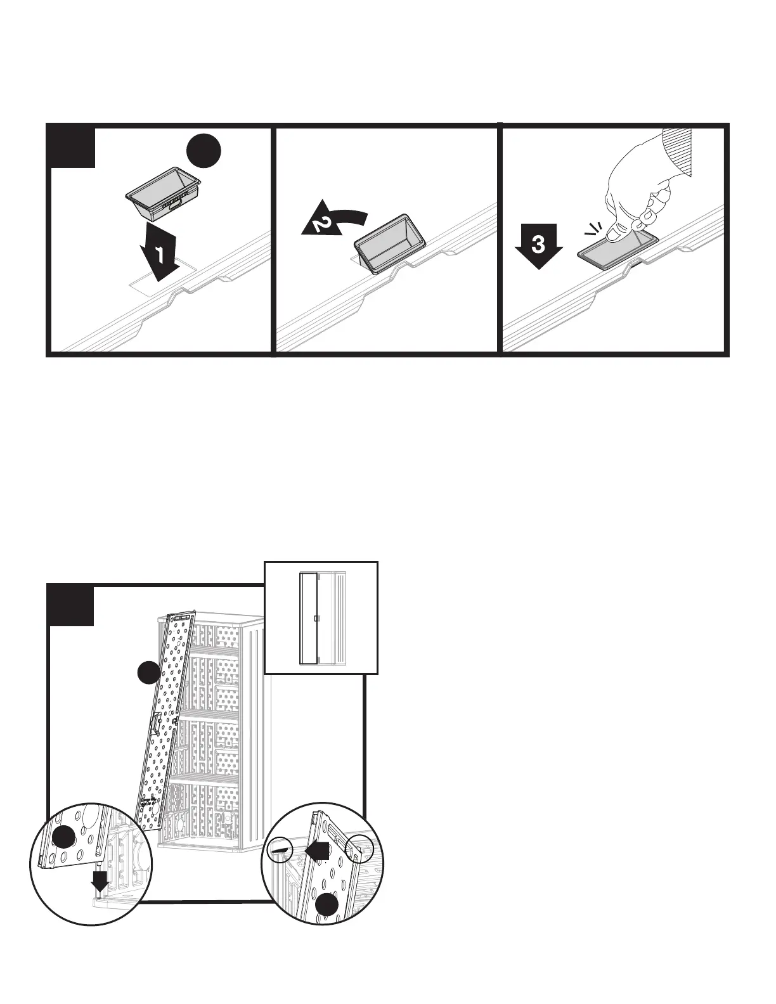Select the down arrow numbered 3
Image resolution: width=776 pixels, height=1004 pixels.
tap(538, 245)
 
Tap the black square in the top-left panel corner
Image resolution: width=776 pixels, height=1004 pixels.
tap(72, 147)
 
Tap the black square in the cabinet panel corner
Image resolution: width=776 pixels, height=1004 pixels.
tap(72, 605)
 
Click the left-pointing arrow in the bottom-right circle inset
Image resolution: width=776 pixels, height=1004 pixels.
tap(318, 849)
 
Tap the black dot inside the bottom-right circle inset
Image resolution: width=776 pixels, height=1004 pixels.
tap(327, 905)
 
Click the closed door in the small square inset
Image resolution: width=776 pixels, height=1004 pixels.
tap(308, 618)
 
